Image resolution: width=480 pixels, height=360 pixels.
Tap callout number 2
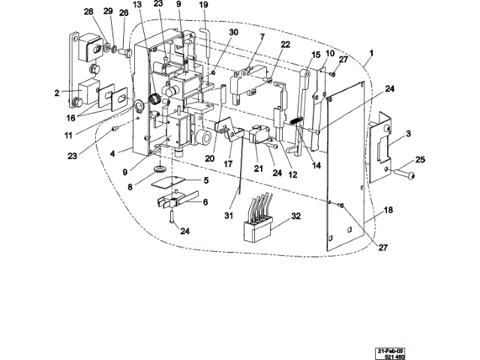click(56, 94)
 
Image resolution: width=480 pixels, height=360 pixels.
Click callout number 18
click(388, 211)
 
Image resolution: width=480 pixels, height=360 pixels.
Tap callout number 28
click(88, 13)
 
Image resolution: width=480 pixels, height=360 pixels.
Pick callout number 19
click(203, 5)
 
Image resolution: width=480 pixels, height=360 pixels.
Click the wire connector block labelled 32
click(257, 222)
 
